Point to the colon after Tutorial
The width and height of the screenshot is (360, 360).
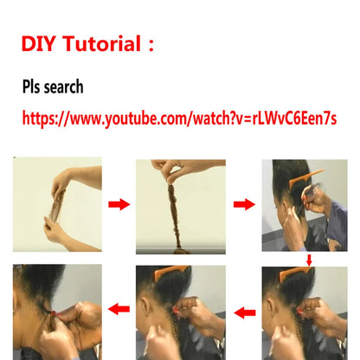[x=151, y=45]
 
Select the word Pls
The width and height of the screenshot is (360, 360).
[x=36, y=87]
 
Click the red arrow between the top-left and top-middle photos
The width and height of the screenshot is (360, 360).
[x=119, y=204]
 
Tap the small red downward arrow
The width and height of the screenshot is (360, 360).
[x=309, y=259]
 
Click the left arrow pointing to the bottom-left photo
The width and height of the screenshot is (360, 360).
[x=118, y=309]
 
